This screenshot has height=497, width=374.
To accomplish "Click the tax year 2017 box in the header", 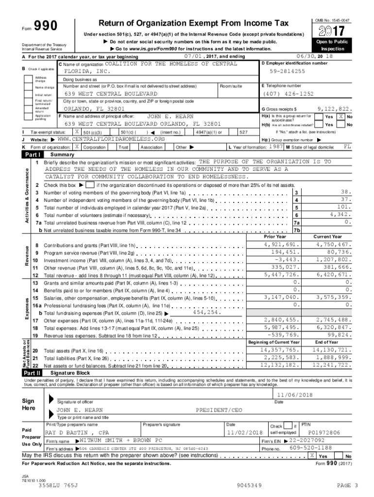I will coord(332,31).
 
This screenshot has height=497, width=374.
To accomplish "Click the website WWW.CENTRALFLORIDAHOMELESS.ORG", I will coord(111,139).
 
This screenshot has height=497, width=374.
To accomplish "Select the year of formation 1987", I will coord(277,146).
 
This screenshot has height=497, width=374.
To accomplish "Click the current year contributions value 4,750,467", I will coord(333,245).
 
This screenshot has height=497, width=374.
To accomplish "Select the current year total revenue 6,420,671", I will coord(333,274).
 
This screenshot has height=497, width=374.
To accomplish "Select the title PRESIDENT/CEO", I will coord(219,410).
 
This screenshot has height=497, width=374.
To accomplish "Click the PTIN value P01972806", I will coord(324,432).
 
